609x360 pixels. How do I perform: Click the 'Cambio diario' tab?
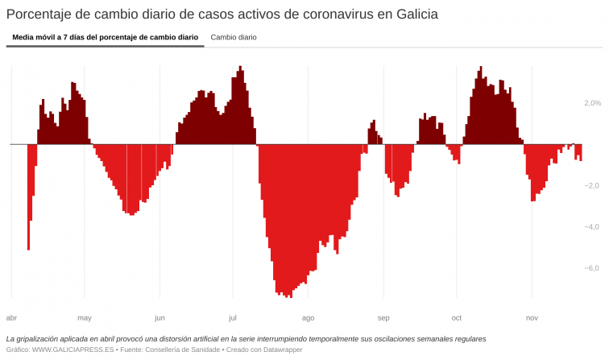pyautogui.click(x=234, y=37)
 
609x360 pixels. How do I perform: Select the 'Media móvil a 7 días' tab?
pyautogui.click(x=105, y=37)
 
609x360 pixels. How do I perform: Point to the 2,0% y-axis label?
pyautogui.click(x=592, y=103)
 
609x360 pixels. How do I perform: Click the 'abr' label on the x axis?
pyautogui.click(x=11, y=317)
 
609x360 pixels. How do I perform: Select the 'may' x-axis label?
pyautogui.click(x=85, y=317)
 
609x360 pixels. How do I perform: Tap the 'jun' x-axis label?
pyautogui.click(x=159, y=317)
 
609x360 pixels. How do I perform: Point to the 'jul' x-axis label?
pyautogui.click(x=233, y=317)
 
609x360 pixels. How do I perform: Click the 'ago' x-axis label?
pyautogui.click(x=308, y=317)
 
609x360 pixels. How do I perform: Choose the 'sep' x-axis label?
pyautogui.click(x=383, y=317)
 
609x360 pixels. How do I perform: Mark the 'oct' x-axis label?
pyautogui.click(x=457, y=317)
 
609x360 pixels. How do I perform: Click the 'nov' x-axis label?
pyautogui.click(x=532, y=317)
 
